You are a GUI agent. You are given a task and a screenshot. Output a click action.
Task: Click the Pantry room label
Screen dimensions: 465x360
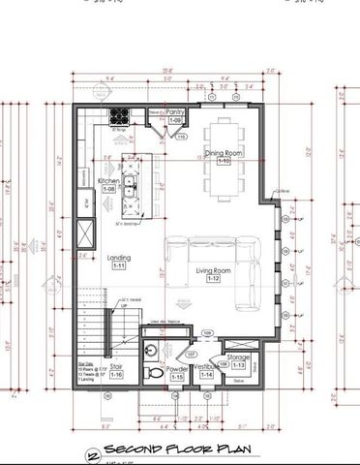click(175, 112)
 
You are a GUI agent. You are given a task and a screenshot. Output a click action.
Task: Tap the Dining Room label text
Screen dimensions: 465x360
click(224, 152)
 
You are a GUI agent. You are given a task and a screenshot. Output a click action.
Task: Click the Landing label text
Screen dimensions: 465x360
click(119, 258)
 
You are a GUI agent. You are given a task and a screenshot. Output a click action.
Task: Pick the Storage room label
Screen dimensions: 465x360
click(239, 357)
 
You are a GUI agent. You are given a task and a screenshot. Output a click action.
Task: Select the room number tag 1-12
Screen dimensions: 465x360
click(214, 279)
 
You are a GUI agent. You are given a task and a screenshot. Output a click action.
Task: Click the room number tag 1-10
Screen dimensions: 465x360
click(224, 160)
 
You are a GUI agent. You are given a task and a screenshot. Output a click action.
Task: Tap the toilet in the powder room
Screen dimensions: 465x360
click(150, 372)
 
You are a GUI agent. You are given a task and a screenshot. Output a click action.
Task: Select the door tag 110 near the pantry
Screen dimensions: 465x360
click(181, 137)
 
